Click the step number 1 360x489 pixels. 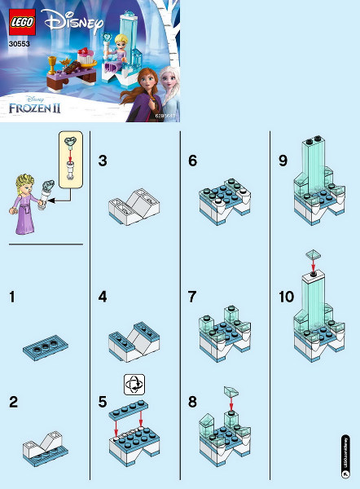12,297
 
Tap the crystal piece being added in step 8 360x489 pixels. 231,393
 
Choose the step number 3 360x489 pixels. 102,161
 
